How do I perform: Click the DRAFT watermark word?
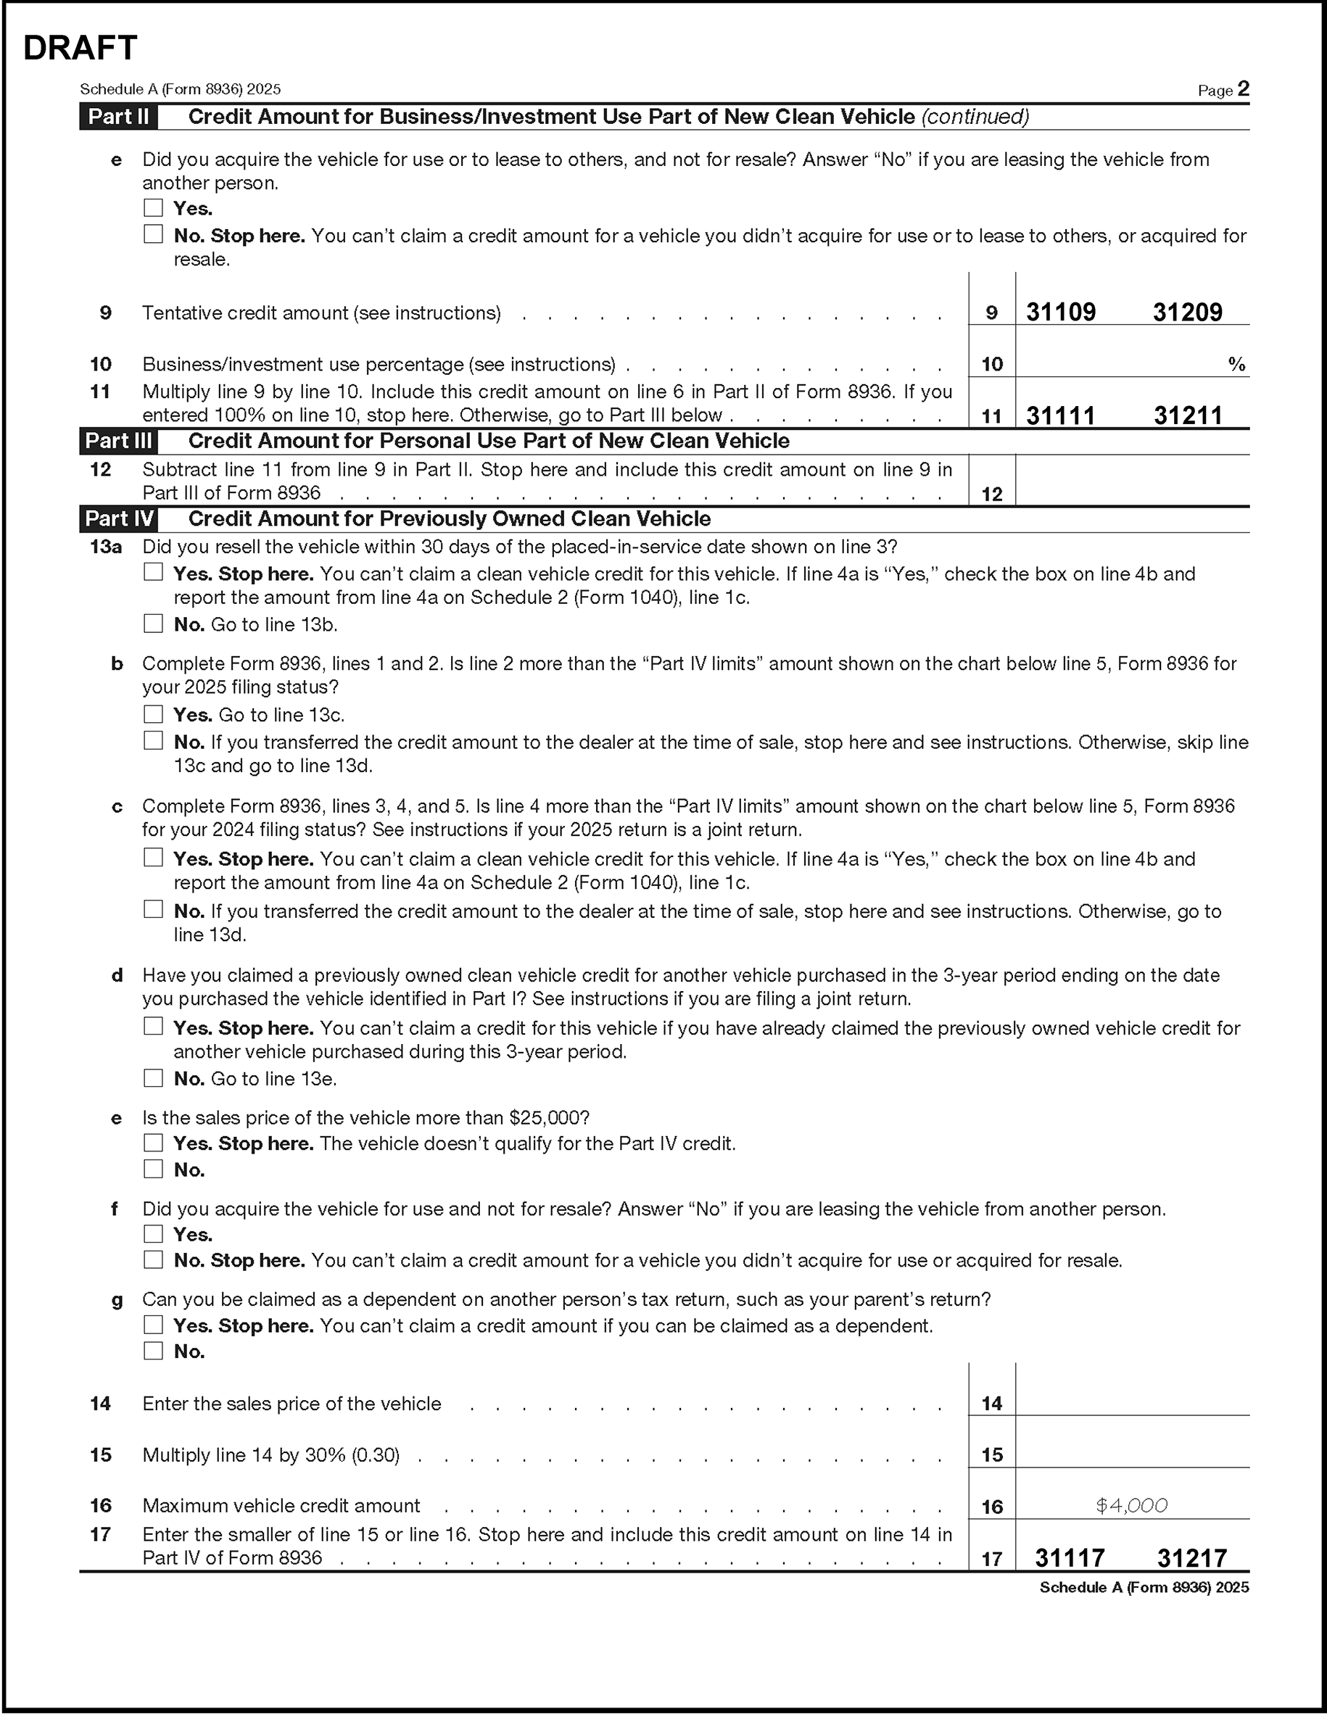coord(80,48)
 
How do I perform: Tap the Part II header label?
coord(118,117)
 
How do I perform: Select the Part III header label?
coord(118,441)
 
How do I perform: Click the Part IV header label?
coord(118,518)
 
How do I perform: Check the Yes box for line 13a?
coord(153,572)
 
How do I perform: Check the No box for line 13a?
coord(153,624)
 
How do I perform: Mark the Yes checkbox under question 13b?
coord(153,714)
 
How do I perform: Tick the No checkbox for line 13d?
coord(153,1077)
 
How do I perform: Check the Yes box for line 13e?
coord(153,1143)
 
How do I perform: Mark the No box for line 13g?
coord(153,1351)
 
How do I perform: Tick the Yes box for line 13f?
coord(153,1234)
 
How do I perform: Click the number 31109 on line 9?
coord(1061,312)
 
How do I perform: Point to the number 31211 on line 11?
coord(1187,415)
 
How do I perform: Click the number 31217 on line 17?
coord(1191,1558)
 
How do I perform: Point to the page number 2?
coord(1243,88)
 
